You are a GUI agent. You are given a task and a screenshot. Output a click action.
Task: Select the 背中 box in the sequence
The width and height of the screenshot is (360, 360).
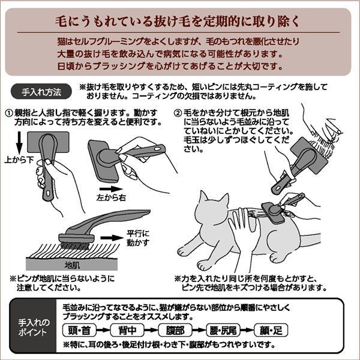(131, 329)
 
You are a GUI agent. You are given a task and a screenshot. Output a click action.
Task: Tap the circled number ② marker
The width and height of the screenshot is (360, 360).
(178, 113)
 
